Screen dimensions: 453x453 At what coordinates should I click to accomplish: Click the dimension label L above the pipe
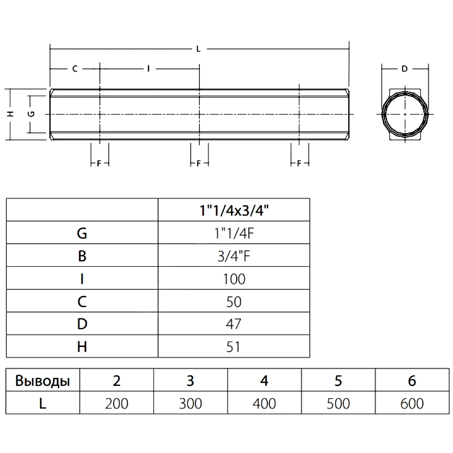tap(198, 49)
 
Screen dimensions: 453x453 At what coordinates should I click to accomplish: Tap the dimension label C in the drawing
tap(75, 69)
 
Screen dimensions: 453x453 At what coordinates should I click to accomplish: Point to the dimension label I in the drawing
tap(149, 69)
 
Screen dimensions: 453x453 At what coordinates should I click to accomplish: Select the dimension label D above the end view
tap(405, 69)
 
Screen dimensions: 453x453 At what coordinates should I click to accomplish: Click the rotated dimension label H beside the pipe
tap(11, 114)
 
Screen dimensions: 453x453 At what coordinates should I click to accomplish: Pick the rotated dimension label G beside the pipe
tap(31, 114)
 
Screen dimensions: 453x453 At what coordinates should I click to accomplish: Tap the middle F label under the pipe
tap(198, 164)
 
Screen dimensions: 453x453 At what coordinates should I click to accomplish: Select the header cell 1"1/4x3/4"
tap(234, 210)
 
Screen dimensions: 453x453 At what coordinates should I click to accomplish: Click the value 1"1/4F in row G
tap(234, 233)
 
